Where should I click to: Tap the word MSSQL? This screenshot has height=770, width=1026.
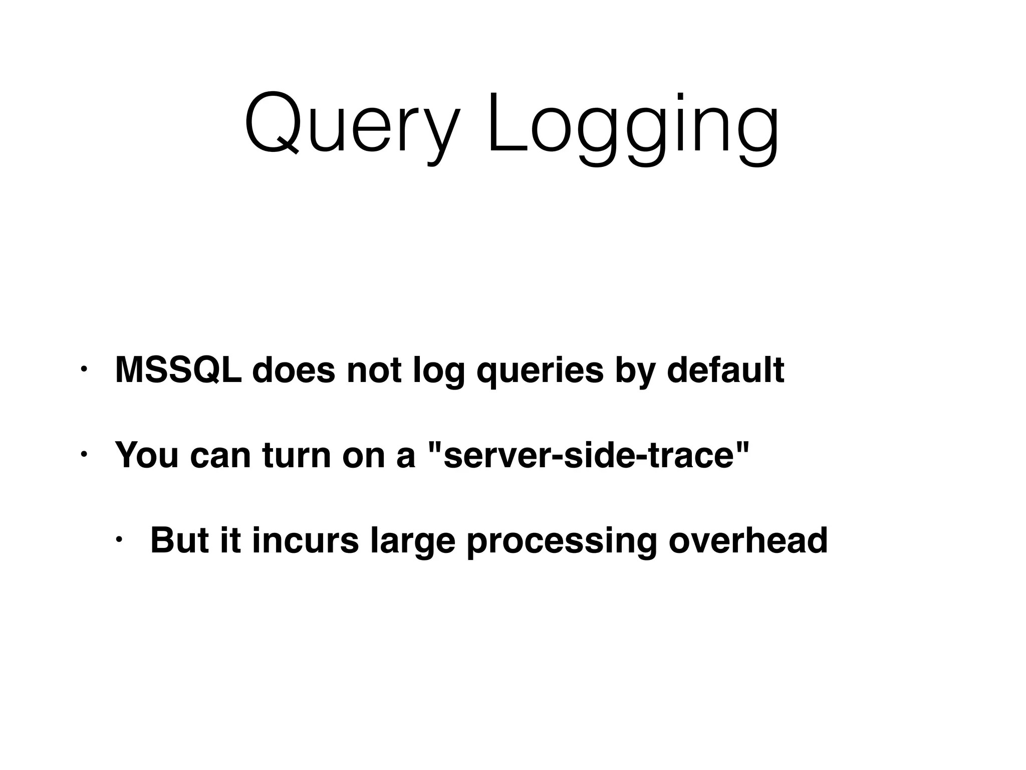coord(178,370)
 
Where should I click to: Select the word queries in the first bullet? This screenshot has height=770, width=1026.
coord(540,371)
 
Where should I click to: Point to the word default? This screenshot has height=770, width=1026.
coord(725,370)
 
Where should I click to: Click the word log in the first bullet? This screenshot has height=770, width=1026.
coord(438,371)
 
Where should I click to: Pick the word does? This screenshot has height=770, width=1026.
coord(294,370)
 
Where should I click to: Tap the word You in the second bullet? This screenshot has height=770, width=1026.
coord(146,455)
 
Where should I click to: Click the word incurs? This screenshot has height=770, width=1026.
coord(305,540)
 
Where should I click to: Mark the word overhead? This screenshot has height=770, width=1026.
coord(748,540)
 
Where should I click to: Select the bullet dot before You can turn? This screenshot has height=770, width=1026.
coord(84,455)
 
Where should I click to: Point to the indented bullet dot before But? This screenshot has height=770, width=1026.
coord(119,540)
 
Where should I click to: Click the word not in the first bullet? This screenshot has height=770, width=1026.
coord(374,370)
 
